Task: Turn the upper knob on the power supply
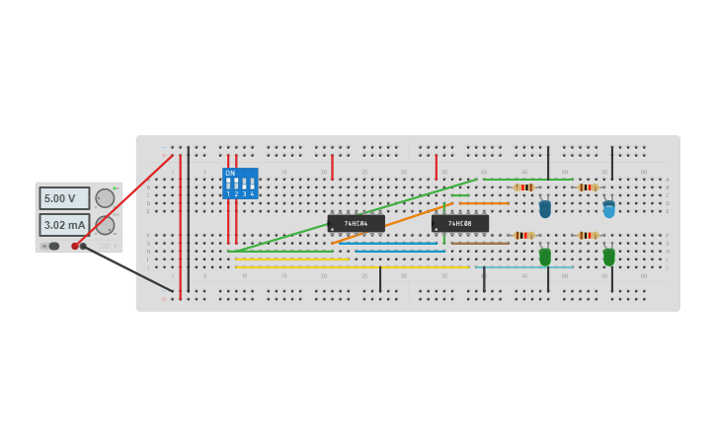(x=105, y=198)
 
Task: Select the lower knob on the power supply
(x=105, y=225)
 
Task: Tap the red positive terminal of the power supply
(x=75, y=246)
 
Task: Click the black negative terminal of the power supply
(x=84, y=246)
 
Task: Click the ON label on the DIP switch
(x=230, y=174)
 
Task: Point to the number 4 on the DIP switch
(x=253, y=194)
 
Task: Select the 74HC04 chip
(x=356, y=224)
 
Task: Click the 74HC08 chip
(x=459, y=224)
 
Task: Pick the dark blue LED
(x=545, y=209)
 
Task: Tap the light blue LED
(x=608, y=209)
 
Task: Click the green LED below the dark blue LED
(x=545, y=257)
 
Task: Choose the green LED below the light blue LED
(x=608, y=257)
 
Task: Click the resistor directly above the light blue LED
(x=588, y=187)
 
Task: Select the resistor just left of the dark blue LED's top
(x=524, y=187)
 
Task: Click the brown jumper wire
(x=480, y=243)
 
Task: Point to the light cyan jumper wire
(x=523, y=266)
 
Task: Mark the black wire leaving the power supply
(x=128, y=268)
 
